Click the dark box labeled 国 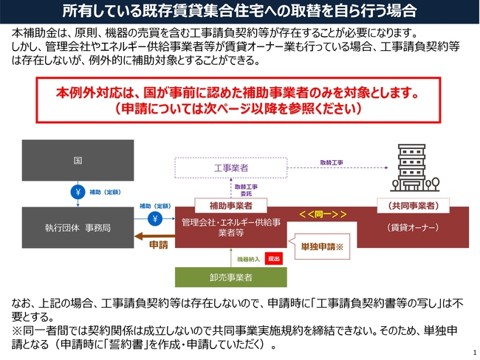coord(78,160)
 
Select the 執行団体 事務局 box coord(78,227)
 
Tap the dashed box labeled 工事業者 coord(231,167)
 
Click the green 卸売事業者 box coord(231,277)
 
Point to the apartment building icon coord(415,168)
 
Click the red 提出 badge coord(274,258)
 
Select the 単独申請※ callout coord(322,246)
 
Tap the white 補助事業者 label coord(231,206)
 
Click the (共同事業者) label coord(414,206)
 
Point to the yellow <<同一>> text coord(323,214)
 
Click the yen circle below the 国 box coord(78,192)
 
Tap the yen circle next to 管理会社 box coord(155,218)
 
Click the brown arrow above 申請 coord(154,236)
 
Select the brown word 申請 coord(159,245)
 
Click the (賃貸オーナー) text coord(413,227)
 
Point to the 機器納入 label coord(248,260)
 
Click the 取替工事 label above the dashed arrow coord(332,163)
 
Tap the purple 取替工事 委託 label coord(246,190)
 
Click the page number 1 coord(475,352)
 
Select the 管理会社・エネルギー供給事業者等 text coord(231,227)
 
